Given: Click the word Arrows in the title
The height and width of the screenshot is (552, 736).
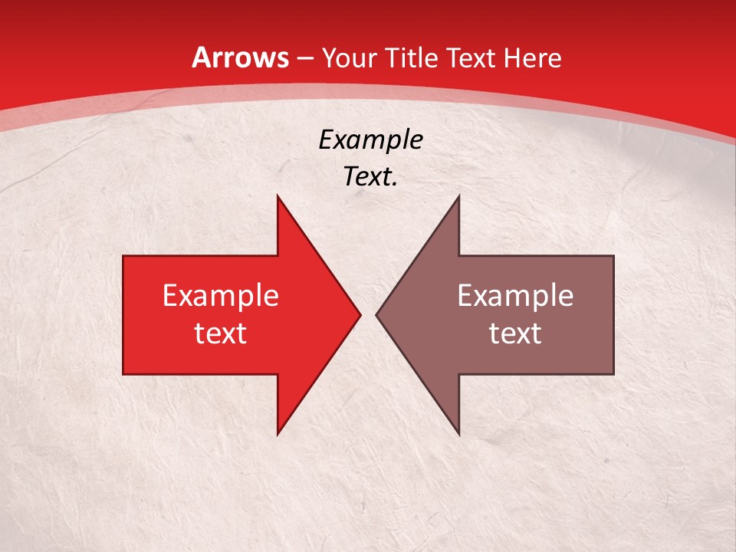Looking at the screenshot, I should pyautogui.click(x=241, y=58).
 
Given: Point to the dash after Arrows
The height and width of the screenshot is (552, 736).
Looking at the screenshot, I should pyautogui.click(x=304, y=59).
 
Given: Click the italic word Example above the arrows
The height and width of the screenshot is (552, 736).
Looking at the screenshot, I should pyautogui.click(x=370, y=140).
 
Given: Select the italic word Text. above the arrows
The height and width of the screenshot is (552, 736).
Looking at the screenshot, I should pyautogui.click(x=370, y=176).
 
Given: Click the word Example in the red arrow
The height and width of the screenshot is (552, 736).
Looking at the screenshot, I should pyautogui.click(x=221, y=295).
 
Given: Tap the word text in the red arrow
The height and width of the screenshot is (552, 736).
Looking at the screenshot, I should pyautogui.click(x=221, y=333).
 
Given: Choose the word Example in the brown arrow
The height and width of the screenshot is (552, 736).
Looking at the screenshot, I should pyautogui.click(x=515, y=295).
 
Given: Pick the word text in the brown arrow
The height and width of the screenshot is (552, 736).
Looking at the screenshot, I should pyautogui.click(x=515, y=333).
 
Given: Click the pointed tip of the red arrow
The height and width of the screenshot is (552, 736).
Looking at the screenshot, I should pyautogui.click(x=360, y=314).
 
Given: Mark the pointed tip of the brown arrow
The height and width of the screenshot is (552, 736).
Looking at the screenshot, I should pyautogui.click(x=377, y=314).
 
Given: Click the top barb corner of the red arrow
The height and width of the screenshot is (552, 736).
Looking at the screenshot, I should pyautogui.click(x=278, y=196).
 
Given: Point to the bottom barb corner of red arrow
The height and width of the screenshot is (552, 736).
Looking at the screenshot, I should pyautogui.click(x=278, y=434).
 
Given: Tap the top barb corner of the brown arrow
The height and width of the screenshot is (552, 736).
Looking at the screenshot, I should pyautogui.click(x=458, y=196).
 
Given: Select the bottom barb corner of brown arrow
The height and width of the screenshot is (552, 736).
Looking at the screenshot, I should pyautogui.click(x=458, y=434).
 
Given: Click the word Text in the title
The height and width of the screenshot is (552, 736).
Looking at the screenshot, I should pyautogui.click(x=470, y=58).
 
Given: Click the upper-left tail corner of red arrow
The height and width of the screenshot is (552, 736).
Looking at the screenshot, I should pyautogui.click(x=124, y=257).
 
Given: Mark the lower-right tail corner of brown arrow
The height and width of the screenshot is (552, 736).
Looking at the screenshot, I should pyautogui.click(x=613, y=373).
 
